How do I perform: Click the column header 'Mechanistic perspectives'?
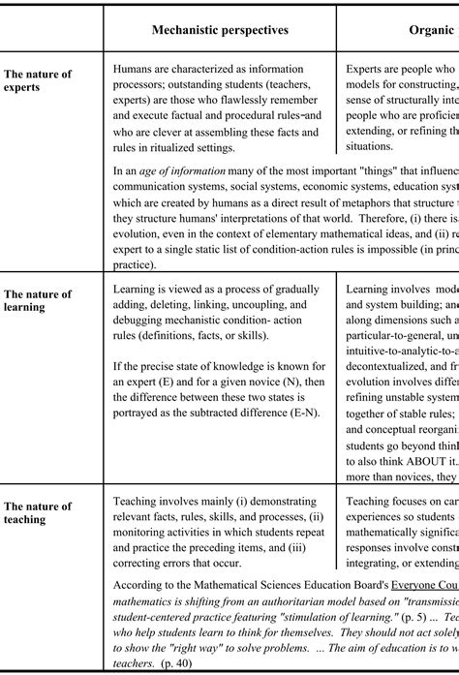[220, 30]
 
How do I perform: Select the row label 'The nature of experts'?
[38, 80]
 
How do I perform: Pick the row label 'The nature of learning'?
[38, 300]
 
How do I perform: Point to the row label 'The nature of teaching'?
[38, 512]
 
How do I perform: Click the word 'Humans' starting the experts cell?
[134, 70]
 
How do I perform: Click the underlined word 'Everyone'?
[413, 585]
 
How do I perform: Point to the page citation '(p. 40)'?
[177, 663]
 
